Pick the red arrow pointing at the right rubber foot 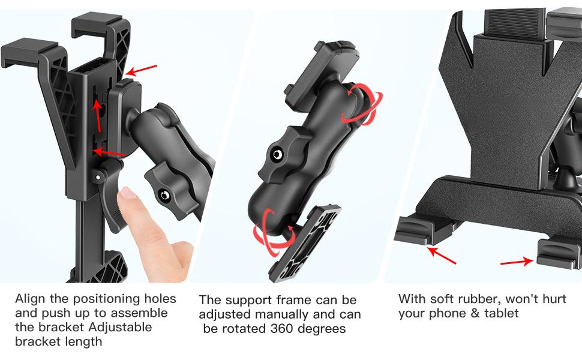pos(517,262)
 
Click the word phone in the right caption pos(445,313)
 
